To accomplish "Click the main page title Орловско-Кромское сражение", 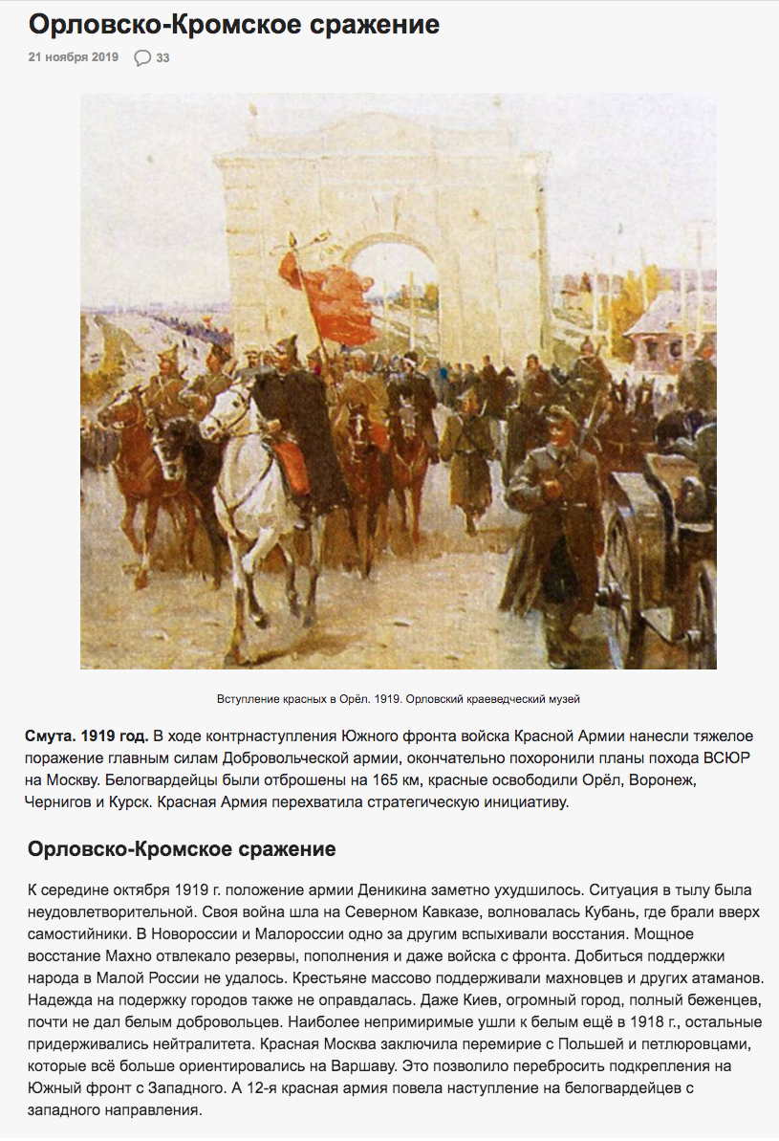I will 233,24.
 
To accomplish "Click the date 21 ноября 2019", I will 74,57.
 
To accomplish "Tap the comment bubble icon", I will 142,57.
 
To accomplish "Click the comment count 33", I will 163,57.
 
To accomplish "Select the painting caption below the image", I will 398,698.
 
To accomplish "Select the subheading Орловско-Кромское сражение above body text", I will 182,849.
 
